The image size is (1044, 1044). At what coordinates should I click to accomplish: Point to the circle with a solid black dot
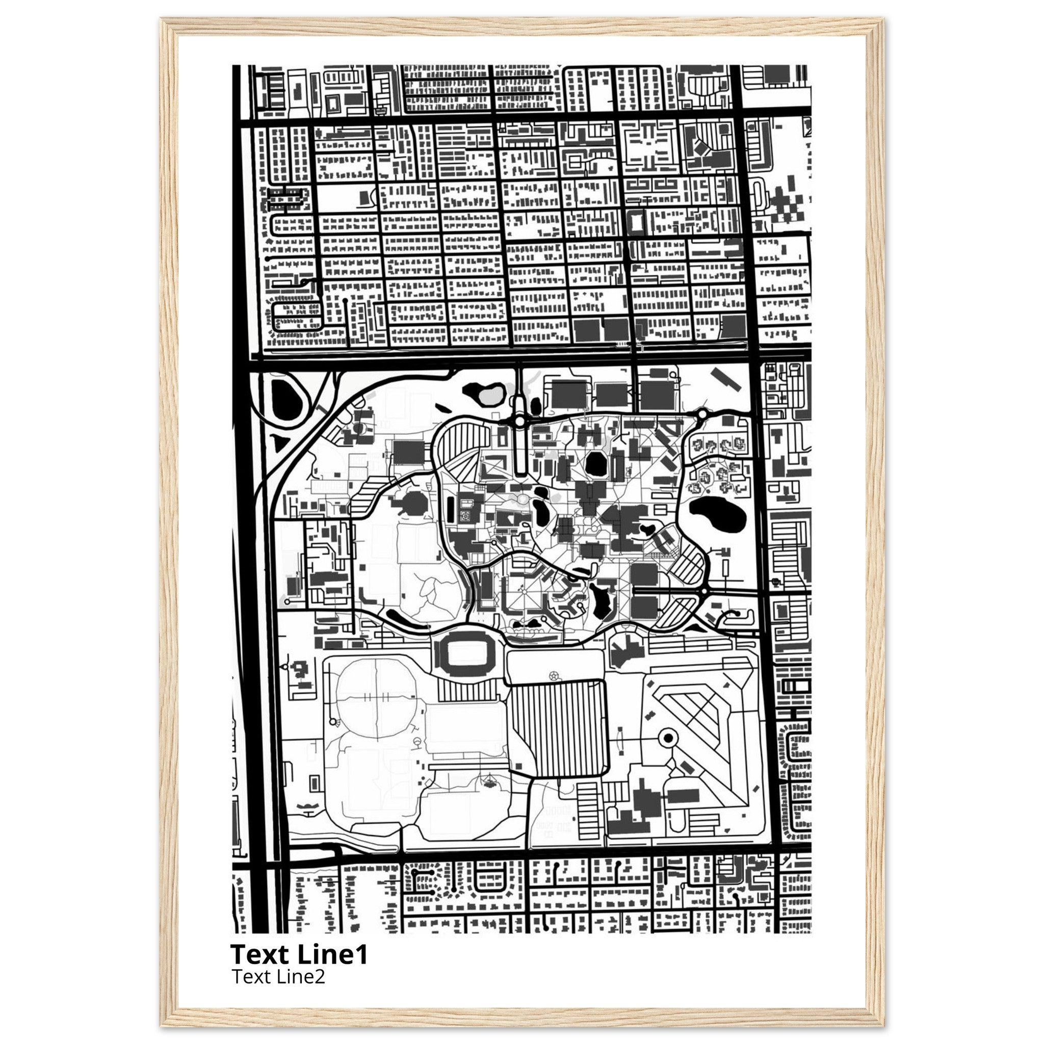pyautogui.click(x=668, y=738)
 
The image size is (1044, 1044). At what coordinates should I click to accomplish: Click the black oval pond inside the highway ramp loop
pyautogui.click(x=285, y=399)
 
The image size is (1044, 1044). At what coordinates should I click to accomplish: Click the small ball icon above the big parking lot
pyautogui.click(x=553, y=675)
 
